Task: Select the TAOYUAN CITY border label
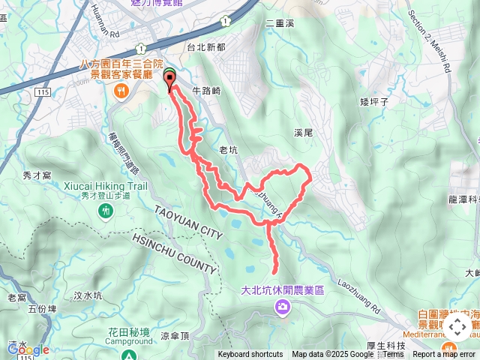[189, 223]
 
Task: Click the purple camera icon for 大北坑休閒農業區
[282, 305]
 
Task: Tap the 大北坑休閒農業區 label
[282, 289]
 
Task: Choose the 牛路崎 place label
[206, 90]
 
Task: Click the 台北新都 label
[206, 46]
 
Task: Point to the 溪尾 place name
[303, 133]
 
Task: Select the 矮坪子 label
[373, 100]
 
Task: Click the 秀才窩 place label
[36, 175]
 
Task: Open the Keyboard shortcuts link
[250, 355]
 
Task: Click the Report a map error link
[444, 355]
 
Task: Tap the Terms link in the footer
[393, 355]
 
